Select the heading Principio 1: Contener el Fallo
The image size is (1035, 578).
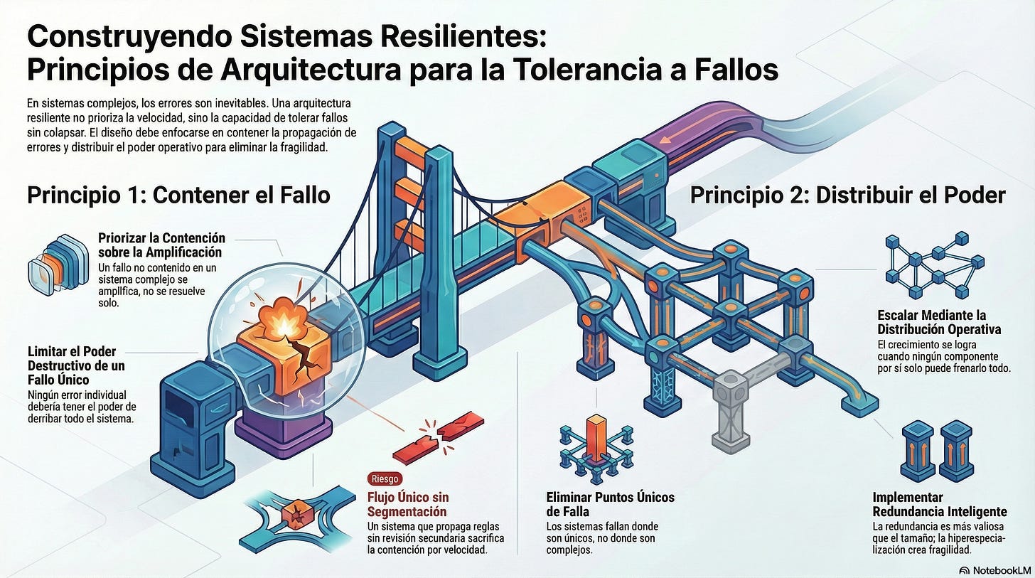tap(178, 194)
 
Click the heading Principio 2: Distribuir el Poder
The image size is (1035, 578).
tap(847, 194)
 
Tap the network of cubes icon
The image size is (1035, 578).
tap(933, 264)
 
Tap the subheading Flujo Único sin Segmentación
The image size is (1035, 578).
tap(408, 504)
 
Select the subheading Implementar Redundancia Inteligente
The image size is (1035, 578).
tap(939, 504)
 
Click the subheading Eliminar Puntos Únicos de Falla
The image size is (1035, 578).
tap(610, 504)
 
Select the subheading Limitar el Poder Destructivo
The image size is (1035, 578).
tap(72, 365)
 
